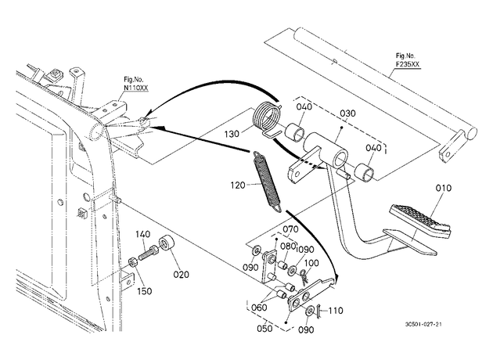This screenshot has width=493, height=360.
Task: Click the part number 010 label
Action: tap(444, 188)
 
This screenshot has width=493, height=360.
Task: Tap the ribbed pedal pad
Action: tap(420, 220)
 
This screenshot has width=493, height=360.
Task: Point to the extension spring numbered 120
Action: tap(267, 182)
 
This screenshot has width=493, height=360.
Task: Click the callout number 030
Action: tap(347, 113)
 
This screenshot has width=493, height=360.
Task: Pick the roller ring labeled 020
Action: tap(167, 244)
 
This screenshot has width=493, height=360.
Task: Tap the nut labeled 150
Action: tap(133, 263)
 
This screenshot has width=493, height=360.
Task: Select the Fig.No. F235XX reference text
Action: tap(408, 60)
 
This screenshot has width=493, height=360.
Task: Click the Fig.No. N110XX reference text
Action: tap(135, 85)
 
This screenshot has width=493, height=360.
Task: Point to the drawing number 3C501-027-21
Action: tap(423, 325)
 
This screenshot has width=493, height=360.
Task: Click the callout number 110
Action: tap(336, 311)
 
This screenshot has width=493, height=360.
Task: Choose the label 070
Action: tap(290, 229)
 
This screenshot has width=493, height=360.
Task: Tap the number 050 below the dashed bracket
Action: tap(264, 328)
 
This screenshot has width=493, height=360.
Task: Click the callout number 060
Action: tap(259, 308)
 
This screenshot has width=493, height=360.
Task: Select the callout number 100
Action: tap(311, 262)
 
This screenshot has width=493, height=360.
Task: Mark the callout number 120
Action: tap(238, 185)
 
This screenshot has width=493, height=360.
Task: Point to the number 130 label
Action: tap(232, 135)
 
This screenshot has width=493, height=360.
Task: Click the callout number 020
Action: tap(182, 275)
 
